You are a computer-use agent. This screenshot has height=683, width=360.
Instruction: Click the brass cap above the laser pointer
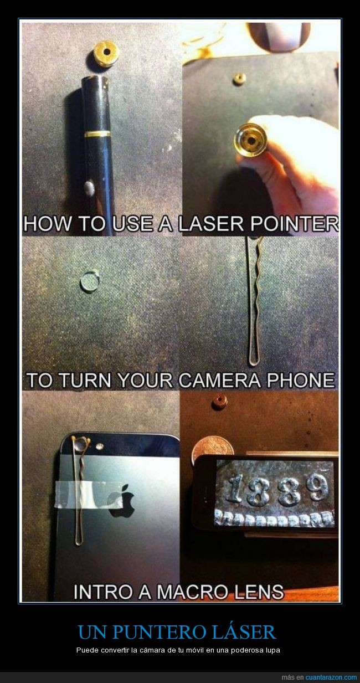[x=106, y=54]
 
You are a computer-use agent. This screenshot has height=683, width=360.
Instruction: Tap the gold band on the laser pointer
[x=97, y=133]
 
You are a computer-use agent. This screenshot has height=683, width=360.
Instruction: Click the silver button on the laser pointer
[x=89, y=188]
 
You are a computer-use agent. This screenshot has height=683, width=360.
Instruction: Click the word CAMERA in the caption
[x=219, y=380]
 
